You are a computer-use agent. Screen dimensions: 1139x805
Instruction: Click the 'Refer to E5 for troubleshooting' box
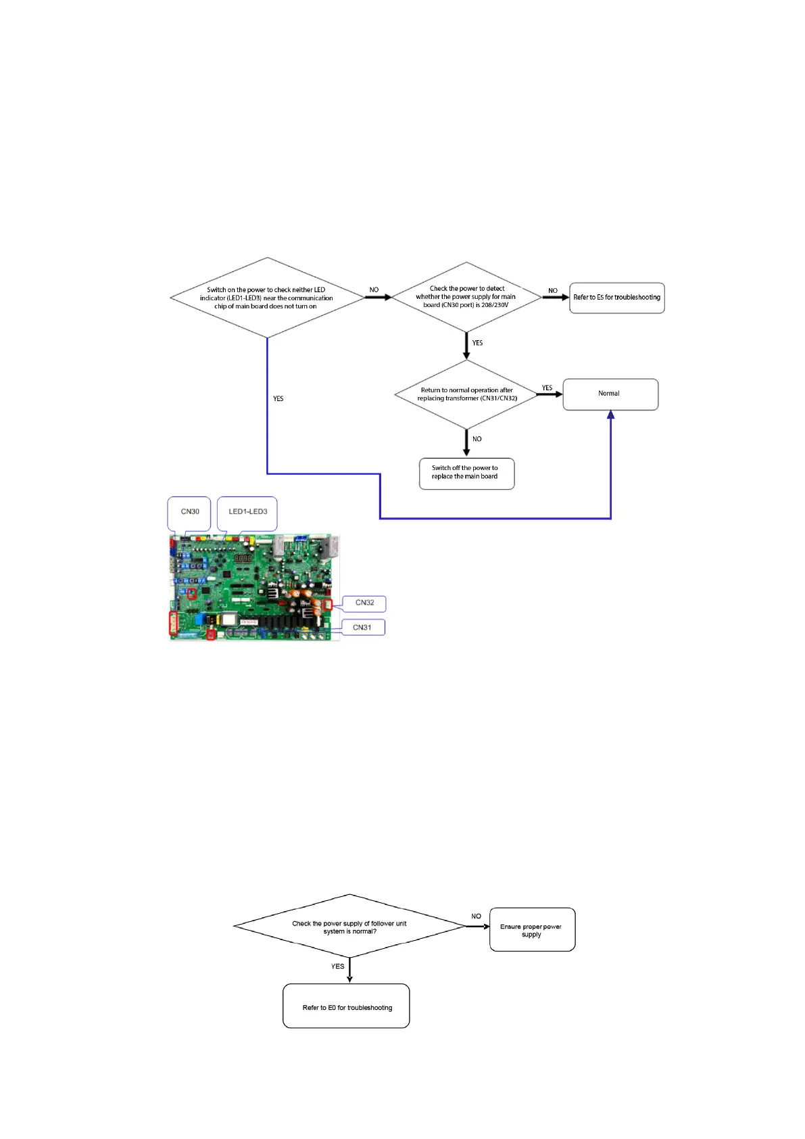click(x=616, y=298)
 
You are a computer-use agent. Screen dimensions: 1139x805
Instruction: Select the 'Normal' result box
click(x=610, y=394)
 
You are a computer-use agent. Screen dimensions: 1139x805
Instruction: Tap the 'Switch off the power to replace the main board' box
click(x=466, y=473)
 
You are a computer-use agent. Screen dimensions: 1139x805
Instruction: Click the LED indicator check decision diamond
click(x=267, y=298)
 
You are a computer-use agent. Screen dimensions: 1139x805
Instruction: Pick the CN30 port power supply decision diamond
click(x=466, y=296)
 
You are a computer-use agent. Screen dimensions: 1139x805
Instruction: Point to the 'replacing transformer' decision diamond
click(x=466, y=394)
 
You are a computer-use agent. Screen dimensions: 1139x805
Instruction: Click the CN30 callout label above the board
click(x=190, y=512)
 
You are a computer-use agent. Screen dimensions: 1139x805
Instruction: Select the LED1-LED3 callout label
click(x=247, y=512)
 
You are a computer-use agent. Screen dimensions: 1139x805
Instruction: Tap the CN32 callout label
click(x=364, y=603)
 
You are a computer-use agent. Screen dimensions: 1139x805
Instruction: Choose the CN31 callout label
click(x=362, y=628)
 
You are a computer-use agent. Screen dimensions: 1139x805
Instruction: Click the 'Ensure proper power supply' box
click(x=531, y=930)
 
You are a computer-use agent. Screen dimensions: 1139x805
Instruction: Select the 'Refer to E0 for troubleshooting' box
click(x=346, y=1006)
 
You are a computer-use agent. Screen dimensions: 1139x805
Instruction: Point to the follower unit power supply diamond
click(x=349, y=927)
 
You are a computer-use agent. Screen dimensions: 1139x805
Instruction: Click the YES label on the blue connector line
click(x=278, y=399)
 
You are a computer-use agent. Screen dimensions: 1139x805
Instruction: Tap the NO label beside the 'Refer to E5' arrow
click(x=553, y=291)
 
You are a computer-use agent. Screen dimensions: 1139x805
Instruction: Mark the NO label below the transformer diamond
click(x=477, y=440)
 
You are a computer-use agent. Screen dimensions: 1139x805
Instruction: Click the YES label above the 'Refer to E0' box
click(x=338, y=967)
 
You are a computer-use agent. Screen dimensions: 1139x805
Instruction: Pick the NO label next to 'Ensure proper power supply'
click(x=477, y=916)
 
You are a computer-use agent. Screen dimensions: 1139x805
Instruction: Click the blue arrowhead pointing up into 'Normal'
click(x=610, y=415)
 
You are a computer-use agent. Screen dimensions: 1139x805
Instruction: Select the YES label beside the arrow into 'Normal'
click(x=547, y=388)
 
